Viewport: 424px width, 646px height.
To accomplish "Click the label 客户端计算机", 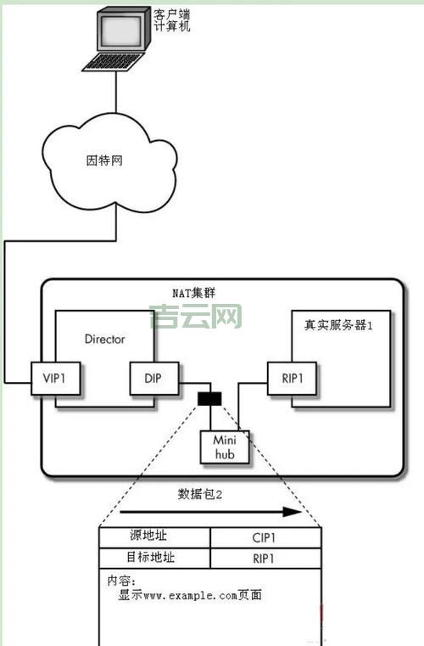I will coord(172,20).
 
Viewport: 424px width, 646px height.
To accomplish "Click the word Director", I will coord(104,339).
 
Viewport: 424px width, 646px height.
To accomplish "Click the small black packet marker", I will coord(209,397).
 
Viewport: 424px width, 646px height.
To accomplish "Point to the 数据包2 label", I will coord(200,494).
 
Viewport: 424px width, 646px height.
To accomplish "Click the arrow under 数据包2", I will coord(209,513).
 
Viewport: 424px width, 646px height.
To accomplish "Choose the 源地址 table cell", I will coord(154,537).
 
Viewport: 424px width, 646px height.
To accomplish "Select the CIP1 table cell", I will coord(265,537).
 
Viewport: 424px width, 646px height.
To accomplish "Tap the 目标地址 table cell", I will coord(154,559).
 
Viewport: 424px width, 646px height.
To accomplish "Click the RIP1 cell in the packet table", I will coord(265,559).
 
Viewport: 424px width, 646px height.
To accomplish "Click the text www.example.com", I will coord(183,595).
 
